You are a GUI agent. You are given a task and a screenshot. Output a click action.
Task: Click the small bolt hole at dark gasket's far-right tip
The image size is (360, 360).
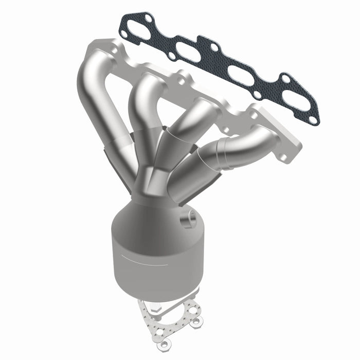(x=312, y=120)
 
